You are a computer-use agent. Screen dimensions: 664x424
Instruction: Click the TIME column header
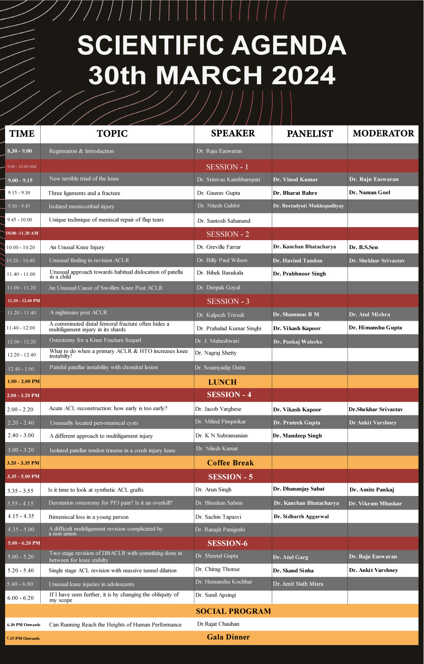click(x=22, y=134)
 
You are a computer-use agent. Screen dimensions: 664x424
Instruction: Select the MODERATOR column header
click(x=383, y=134)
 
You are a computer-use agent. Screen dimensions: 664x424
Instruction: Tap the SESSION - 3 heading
click(x=228, y=301)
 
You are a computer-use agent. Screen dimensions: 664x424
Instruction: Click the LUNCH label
click(x=222, y=382)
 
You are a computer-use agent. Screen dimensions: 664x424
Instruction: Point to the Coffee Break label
click(x=230, y=463)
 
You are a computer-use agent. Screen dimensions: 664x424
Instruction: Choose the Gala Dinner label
click(x=228, y=637)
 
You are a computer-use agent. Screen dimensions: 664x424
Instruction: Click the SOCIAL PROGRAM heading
click(x=233, y=611)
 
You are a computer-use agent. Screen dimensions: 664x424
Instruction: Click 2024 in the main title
click(x=304, y=75)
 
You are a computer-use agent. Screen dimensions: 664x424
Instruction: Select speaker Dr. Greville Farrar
click(x=219, y=247)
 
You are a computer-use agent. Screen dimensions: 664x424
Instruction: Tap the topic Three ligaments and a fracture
click(x=84, y=193)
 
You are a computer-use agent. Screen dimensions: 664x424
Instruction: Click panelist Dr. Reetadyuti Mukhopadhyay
click(x=308, y=206)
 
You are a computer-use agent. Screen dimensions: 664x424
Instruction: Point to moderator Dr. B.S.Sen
click(x=363, y=247)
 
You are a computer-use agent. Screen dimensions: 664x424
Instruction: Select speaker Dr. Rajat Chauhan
click(x=218, y=624)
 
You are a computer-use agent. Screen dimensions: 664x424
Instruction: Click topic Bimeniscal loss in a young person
click(x=89, y=517)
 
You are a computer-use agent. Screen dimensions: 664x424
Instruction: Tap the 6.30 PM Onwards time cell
click(x=23, y=625)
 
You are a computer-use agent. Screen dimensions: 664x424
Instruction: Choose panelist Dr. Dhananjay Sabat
click(x=298, y=489)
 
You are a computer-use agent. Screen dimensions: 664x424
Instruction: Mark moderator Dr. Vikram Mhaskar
click(x=375, y=504)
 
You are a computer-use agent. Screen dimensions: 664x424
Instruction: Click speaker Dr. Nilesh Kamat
click(x=217, y=448)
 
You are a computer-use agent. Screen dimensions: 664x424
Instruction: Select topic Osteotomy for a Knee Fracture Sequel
click(x=95, y=340)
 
